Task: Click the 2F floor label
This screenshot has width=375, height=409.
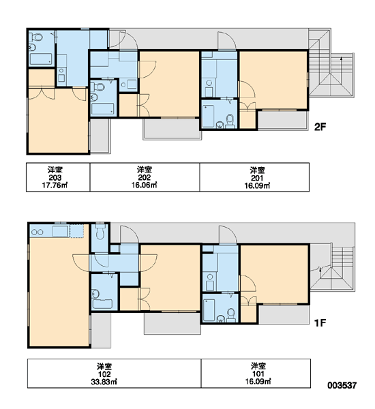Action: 320,127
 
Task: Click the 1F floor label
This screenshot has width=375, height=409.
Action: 320,323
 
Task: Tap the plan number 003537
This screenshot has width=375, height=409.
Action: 342,385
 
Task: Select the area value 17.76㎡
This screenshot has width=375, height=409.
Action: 55,185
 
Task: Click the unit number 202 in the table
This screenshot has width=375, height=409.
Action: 145,177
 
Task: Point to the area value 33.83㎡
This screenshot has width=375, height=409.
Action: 104,382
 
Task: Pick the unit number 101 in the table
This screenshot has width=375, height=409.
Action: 258,374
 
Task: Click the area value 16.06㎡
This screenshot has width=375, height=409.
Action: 145,185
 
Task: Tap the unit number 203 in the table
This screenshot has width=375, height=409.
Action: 55,178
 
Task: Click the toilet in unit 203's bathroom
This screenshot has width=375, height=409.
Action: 37,37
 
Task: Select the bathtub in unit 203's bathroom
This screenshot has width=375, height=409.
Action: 41,59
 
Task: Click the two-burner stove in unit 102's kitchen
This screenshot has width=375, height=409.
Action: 37,232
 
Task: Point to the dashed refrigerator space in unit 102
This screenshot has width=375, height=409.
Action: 76,231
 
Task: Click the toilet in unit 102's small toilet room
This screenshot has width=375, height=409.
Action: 100,231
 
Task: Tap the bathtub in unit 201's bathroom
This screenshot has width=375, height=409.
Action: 208,116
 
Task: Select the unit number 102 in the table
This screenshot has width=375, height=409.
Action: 104,374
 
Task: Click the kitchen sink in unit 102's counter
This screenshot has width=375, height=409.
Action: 60,231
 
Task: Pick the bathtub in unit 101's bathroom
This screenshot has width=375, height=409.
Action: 209,310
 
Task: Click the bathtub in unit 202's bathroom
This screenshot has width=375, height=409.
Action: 102,109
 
